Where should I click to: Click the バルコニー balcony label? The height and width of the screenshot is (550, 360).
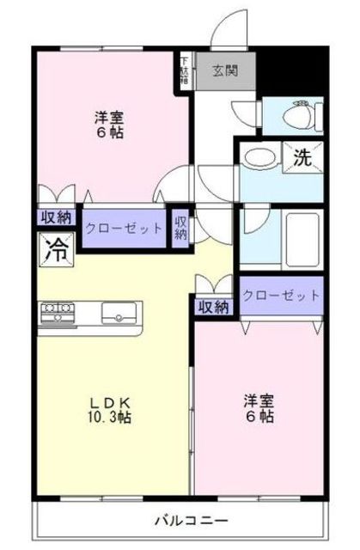[191, 520]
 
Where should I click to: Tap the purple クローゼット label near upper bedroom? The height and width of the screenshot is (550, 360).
[124, 229]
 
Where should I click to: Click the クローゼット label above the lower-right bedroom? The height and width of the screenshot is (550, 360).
[281, 295]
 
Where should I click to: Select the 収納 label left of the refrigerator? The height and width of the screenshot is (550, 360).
[55, 217]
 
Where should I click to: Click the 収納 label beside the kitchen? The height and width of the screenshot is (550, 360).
[214, 306]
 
